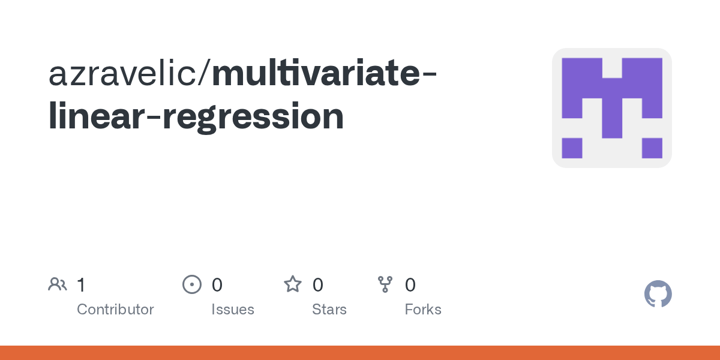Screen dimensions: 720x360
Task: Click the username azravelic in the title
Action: click(x=122, y=73)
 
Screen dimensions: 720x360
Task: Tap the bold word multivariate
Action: click(x=316, y=73)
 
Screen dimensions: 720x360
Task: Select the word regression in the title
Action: click(x=253, y=116)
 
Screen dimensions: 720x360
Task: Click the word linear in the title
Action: click(x=96, y=115)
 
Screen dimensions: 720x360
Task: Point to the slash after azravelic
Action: click(x=205, y=73)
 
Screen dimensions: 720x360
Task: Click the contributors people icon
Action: click(x=58, y=284)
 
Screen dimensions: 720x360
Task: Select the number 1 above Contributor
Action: click(x=82, y=285)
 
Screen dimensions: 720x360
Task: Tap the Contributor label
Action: click(x=115, y=310)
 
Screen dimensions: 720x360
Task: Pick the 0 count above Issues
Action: click(x=217, y=285)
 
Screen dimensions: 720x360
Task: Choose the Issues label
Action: click(x=233, y=310)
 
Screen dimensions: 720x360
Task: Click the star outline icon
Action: click(x=293, y=284)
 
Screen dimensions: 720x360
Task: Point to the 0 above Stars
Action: click(x=318, y=285)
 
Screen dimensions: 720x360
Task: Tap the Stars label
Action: click(x=329, y=310)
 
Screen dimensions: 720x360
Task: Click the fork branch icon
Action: click(x=385, y=284)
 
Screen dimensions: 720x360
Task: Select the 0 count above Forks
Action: click(x=410, y=285)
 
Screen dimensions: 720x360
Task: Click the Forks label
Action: click(x=423, y=310)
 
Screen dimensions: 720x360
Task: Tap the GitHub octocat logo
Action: click(x=658, y=294)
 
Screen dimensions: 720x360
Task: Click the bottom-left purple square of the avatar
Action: click(x=572, y=148)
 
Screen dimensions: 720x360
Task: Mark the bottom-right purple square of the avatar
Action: click(x=652, y=148)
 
